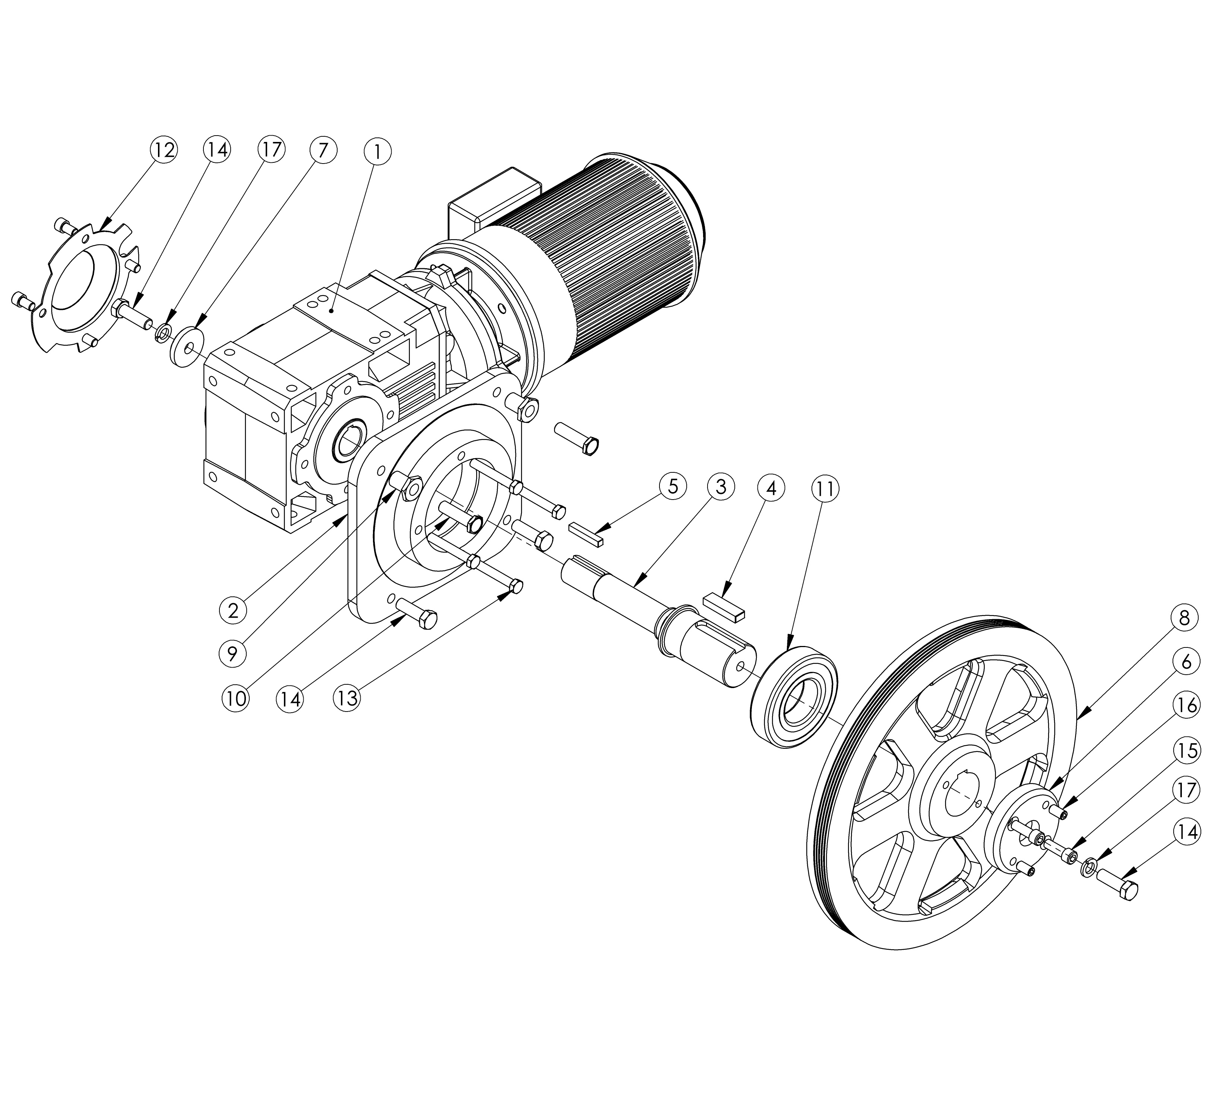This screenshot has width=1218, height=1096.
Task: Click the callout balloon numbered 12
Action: pyautogui.click(x=163, y=149)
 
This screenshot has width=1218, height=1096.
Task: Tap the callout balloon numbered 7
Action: pyautogui.click(x=323, y=149)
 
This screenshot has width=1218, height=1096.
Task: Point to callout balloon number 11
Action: pyautogui.click(x=825, y=489)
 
